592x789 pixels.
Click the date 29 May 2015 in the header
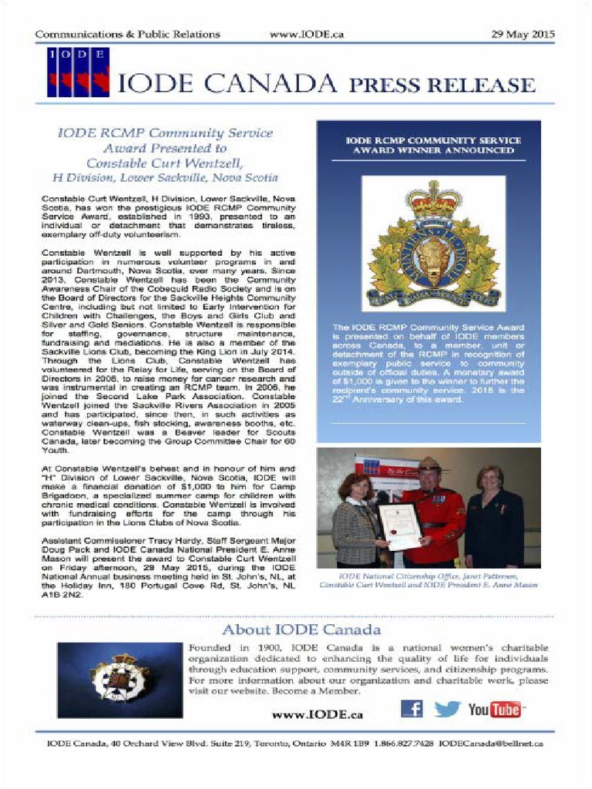[522, 35]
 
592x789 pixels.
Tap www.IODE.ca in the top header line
[307, 35]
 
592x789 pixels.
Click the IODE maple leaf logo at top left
[78, 72]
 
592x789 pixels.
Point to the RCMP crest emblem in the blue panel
[433, 244]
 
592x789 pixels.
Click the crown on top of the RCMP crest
[434, 200]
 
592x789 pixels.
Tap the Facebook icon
[412, 708]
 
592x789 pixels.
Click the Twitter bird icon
[446, 709]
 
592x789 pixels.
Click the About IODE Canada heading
[301, 630]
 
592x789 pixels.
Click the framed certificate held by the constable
[402, 525]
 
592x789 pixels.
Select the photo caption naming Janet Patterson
[429, 580]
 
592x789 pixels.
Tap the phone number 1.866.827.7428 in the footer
[404, 744]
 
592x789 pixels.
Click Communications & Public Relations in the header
[127, 35]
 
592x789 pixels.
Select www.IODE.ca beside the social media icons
[317, 714]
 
